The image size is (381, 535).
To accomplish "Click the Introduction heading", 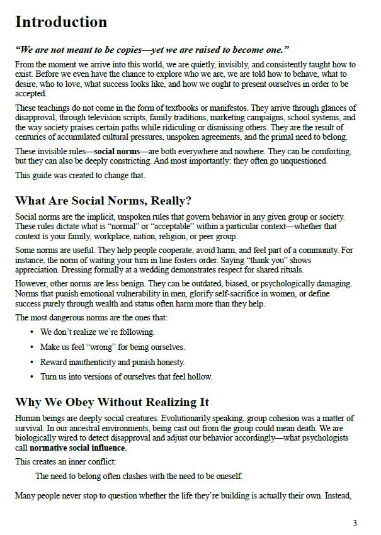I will [61, 22].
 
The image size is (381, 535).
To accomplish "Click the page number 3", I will [355, 523].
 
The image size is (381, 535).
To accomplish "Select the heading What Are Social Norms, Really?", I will [103, 201].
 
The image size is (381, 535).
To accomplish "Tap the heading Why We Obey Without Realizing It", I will [112, 402].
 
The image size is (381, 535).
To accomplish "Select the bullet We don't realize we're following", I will [98, 332].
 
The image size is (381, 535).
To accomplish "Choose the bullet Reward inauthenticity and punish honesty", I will [113, 362].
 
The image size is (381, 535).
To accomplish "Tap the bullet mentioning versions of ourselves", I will [127, 377].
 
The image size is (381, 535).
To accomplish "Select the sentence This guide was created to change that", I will [80, 176].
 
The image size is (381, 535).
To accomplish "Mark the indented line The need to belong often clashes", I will [139, 476].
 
